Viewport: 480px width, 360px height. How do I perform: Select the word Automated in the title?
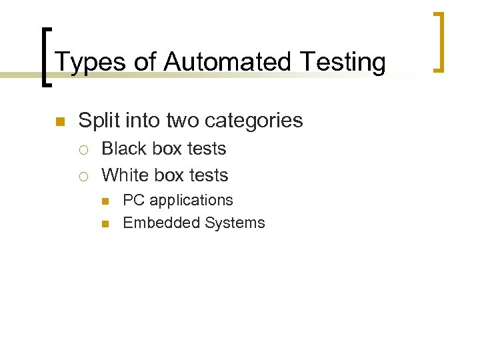[x=228, y=62]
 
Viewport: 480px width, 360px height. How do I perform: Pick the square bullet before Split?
[x=59, y=122]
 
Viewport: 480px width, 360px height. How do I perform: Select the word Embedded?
[x=161, y=223]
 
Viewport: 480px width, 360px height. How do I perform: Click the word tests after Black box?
[x=207, y=149]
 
